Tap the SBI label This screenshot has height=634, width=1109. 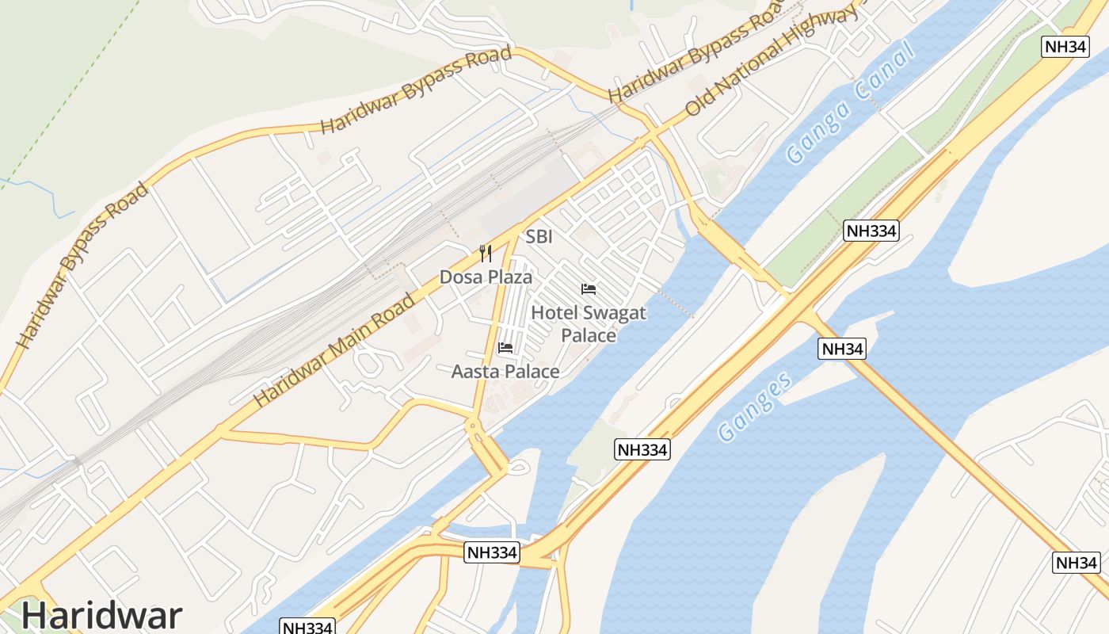(539, 237)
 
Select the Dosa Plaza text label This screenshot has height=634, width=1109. (486, 277)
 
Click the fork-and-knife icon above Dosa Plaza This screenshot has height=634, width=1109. (486, 254)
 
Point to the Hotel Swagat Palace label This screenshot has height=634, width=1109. (589, 323)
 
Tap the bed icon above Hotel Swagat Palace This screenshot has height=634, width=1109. (589, 288)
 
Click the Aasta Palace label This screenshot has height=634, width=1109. (505, 371)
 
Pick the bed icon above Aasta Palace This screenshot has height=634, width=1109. (505, 347)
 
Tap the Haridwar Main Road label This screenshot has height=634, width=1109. (334, 350)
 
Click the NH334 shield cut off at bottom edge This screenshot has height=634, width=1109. (308, 627)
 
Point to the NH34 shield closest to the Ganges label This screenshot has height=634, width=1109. (842, 349)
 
